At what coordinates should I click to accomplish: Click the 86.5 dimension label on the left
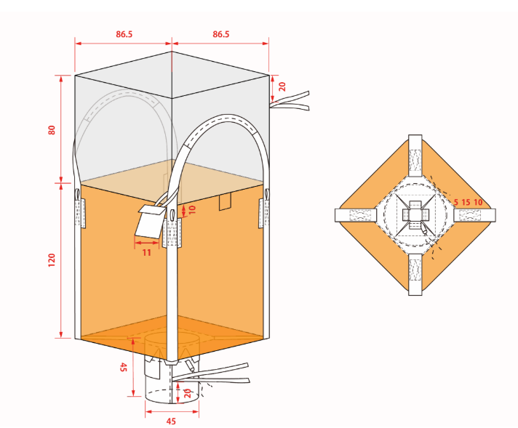click(124, 34)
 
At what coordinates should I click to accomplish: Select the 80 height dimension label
click(52, 130)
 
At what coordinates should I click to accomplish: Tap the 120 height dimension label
click(52, 260)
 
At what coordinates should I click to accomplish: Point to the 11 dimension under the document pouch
click(147, 253)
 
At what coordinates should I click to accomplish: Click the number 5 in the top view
click(456, 202)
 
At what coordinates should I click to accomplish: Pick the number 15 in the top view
click(466, 202)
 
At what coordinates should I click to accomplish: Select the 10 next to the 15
click(478, 202)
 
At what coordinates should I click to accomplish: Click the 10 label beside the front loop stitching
click(192, 209)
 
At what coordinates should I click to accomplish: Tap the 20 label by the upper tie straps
click(282, 86)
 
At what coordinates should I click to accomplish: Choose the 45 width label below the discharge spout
click(171, 421)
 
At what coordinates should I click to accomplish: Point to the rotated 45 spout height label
click(123, 367)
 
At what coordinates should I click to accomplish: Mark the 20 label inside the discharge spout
click(187, 393)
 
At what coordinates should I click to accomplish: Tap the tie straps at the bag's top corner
click(290, 101)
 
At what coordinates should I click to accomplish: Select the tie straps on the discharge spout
click(212, 375)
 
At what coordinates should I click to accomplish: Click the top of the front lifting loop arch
click(227, 118)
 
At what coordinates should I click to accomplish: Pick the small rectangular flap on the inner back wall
click(226, 201)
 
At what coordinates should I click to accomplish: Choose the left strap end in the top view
click(356, 216)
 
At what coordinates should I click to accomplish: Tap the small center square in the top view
click(415, 215)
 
